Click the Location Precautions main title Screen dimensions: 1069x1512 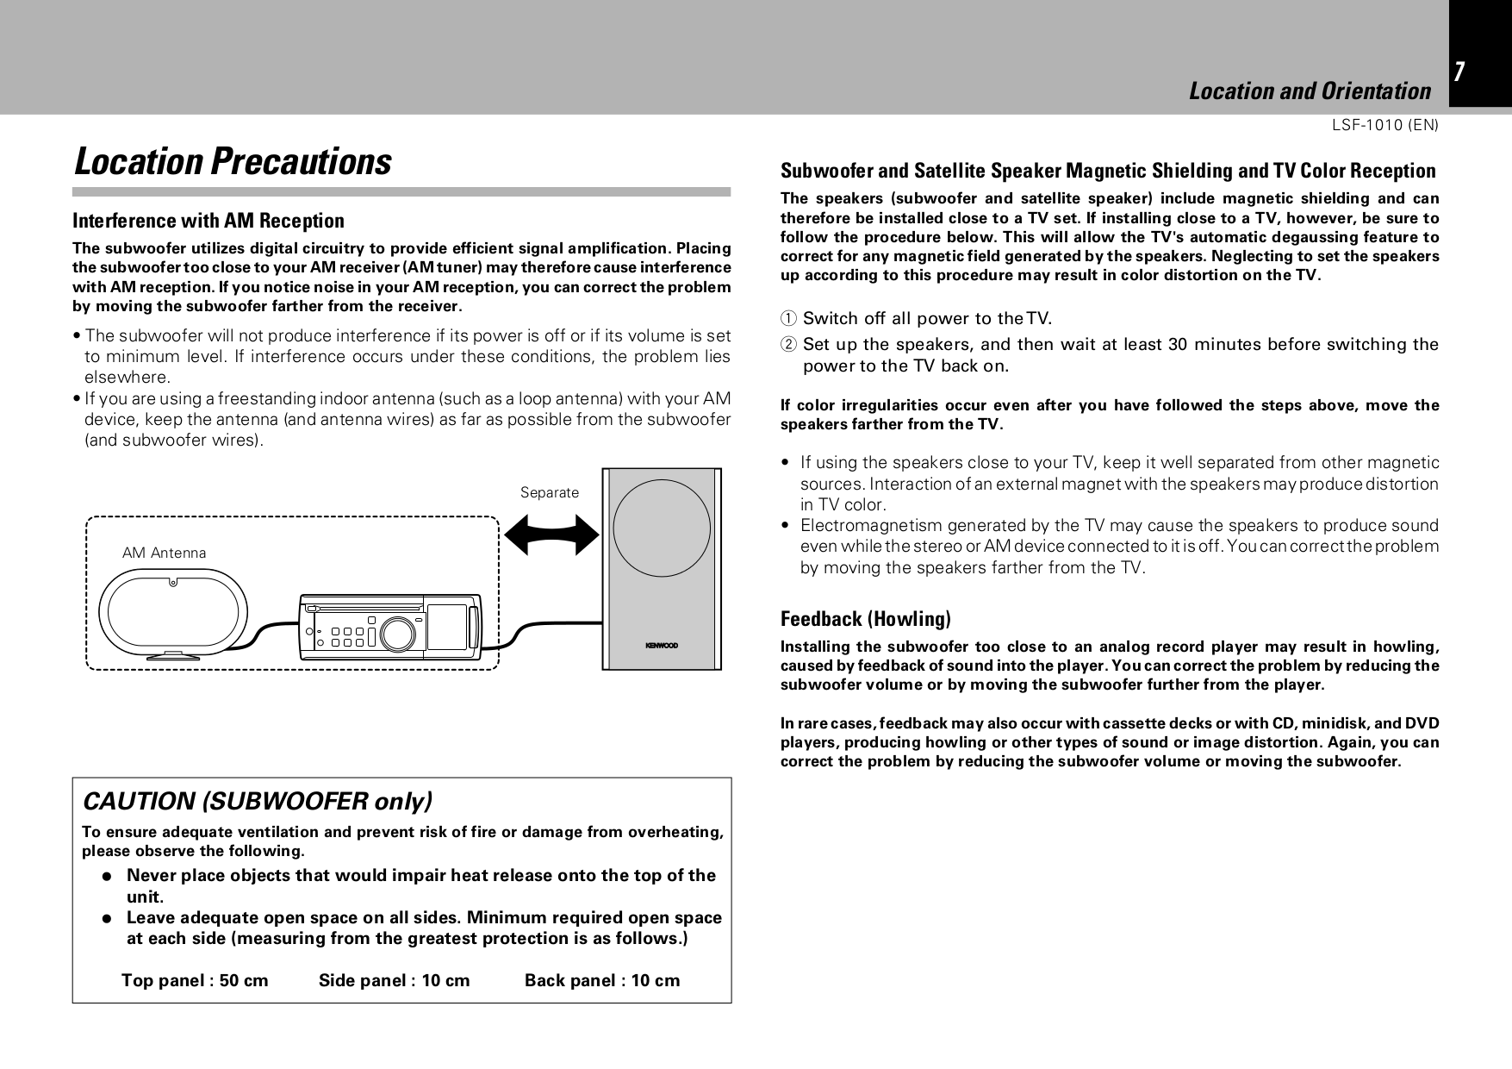[233, 162]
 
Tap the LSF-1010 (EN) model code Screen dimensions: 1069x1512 [1384, 125]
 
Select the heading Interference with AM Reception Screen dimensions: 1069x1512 [208, 221]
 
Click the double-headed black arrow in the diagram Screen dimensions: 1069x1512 [551, 534]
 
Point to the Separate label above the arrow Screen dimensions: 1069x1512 [550, 493]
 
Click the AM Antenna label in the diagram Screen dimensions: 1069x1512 [164, 553]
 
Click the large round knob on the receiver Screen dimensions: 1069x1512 [397, 635]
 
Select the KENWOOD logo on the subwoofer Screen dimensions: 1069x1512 [661, 645]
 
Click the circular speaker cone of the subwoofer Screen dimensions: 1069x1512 [661, 527]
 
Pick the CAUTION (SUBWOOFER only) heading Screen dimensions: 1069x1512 [257, 802]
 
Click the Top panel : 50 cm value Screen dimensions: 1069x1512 [195, 980]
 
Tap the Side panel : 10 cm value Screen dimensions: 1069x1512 [394, 980]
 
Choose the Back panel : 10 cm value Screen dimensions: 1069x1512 [601, 980]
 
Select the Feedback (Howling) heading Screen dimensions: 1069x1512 [865, 619]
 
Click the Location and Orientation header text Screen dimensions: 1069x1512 [1309, 91]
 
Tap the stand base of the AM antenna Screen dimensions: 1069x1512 [173, 657]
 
